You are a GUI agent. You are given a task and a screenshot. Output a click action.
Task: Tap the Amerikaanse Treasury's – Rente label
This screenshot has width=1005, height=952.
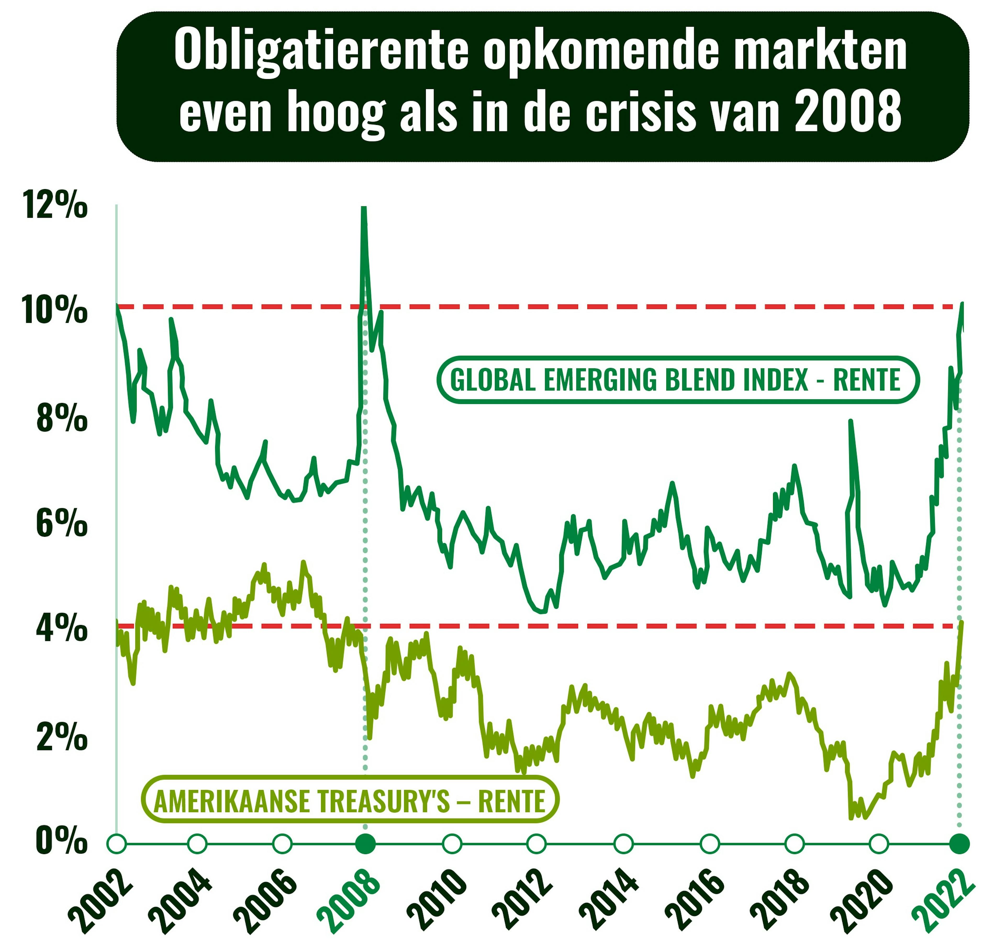tap(350, 801)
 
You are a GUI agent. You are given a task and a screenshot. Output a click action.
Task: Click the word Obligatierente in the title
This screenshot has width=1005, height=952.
tap(321, 51)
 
